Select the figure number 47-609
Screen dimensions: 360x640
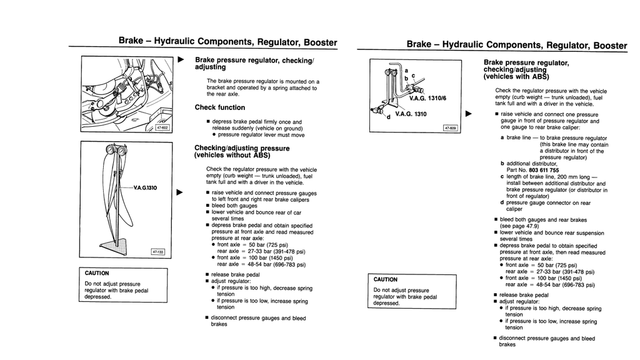[450, 127]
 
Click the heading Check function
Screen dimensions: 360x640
[219, 107]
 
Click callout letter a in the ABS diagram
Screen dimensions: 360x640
[407, 71]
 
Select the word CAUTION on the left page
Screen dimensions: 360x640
[97, 273]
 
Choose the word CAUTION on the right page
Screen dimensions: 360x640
[386, 279]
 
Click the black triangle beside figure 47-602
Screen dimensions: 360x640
[181, 60]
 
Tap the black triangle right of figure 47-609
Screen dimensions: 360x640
[468, 114]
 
